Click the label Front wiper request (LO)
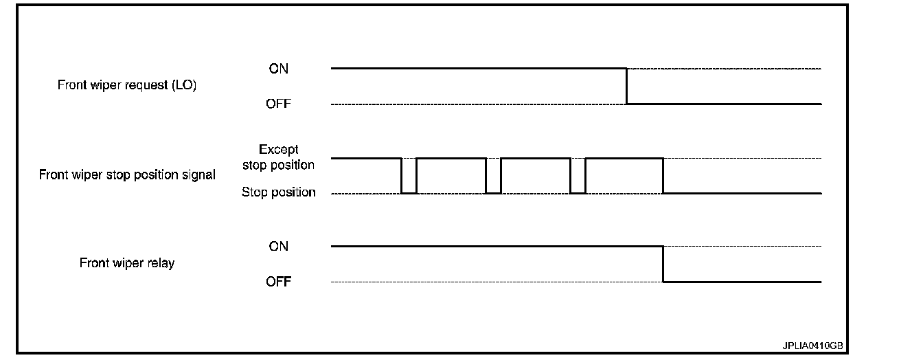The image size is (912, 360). [x=127, y=87]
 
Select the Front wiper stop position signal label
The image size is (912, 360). [x=127, y=175]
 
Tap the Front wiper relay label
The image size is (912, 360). [x=127, y=263]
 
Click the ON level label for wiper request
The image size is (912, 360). [x=279, y=69]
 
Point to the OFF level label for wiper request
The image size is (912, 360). [x=279, y=104]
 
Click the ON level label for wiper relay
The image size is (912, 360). [x=279, y=246]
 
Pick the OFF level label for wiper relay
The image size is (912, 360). [x=279, y=282]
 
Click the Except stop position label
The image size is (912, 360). [x=278, y=157]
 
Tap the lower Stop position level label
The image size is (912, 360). [x=278, y=192]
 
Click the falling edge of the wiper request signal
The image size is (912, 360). [x=626, y=87]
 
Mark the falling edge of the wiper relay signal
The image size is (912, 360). [x=663, y=264]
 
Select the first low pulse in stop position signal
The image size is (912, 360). [x=409, y=192]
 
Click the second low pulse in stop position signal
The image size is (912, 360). [x=493, y=192]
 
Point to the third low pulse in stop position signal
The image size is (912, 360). [x=578, y=192]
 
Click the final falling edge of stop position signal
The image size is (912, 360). [x=663, y=176]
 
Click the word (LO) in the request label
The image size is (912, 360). [x=184, y=87]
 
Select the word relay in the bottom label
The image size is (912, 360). [x=160, y=263]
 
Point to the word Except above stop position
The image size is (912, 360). [x=278, y=149]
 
